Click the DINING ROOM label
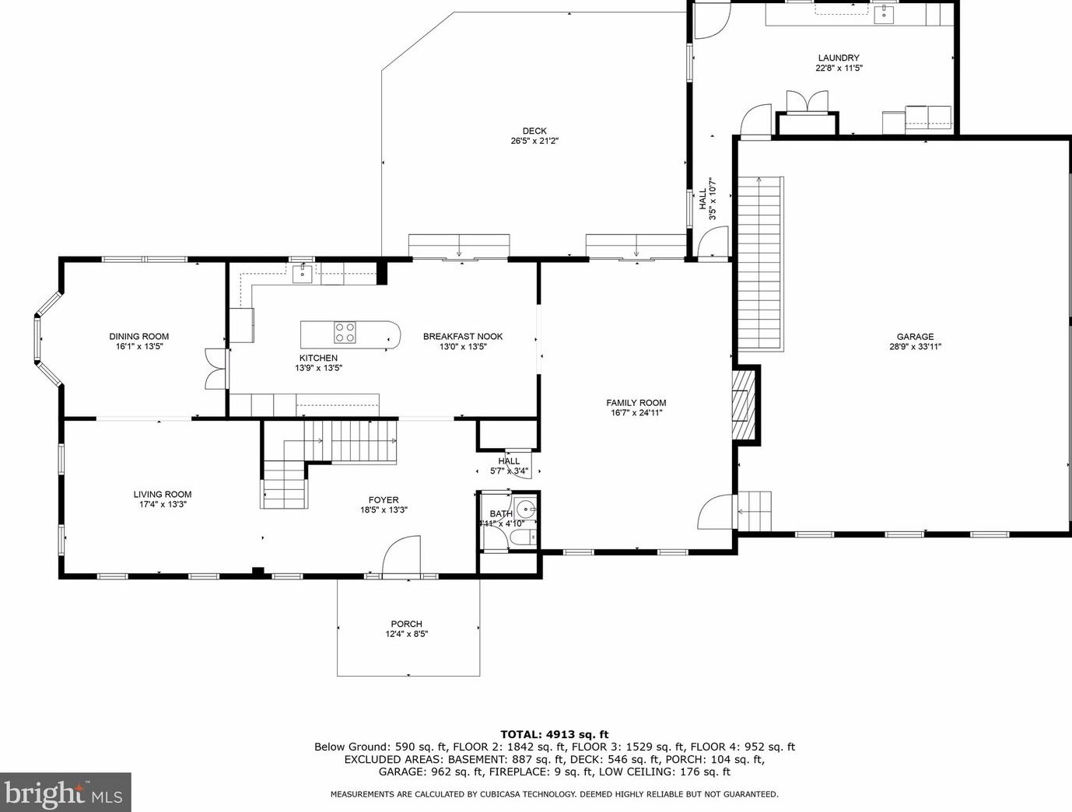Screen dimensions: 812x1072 [x=138, y=337]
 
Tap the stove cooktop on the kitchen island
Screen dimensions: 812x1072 [x=345, y=333]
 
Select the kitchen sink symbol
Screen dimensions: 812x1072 [x=302, y=273]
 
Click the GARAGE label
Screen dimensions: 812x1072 [x=915, y=337]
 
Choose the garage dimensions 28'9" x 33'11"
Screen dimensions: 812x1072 [x=915, y=347]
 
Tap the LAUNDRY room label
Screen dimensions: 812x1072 [x=838, y=58]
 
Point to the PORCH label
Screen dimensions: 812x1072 [x=406, y=624]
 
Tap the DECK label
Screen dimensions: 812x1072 [x=534, y=131]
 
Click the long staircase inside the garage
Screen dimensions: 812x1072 [x=759, y=264]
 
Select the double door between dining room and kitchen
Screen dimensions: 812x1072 [x=214, y=369]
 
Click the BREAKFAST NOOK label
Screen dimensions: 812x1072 [x=462, y=337]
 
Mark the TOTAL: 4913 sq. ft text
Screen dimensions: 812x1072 [x=554, y=734]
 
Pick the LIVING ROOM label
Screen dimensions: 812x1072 [x=162, y=494]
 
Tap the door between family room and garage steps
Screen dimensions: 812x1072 [x=715, y=513]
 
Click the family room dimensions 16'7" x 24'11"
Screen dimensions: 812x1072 [x=636, y=413]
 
